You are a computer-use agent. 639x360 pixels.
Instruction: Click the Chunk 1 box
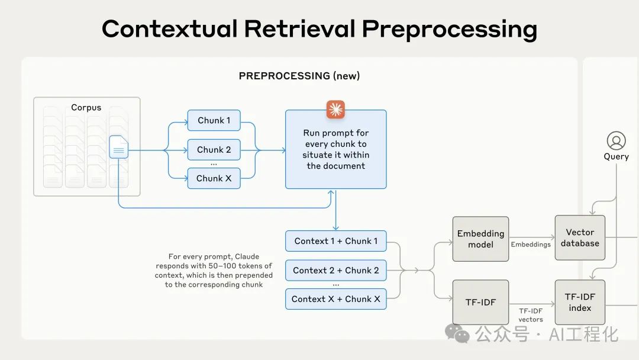click(214, 121)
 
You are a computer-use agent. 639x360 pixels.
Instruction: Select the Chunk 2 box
click(214, 150)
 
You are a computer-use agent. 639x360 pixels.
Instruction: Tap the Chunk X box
click(214, 178)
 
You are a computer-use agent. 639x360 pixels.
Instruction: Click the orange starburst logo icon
click(335, 110)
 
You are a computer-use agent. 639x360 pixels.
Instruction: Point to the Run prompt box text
click(335, 149)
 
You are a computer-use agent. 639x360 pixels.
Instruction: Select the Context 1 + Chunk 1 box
click(335, 241)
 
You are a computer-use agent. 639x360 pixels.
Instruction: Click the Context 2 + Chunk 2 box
click(335, 270)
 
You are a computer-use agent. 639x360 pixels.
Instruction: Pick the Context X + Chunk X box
click(335, 299)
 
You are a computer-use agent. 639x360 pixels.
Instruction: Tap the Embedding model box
click(480, 239)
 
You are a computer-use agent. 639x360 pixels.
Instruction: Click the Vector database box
click(580, 237)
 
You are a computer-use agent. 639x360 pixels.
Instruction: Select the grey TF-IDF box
click(480, 302)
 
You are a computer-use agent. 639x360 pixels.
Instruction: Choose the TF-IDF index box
click(580, 302)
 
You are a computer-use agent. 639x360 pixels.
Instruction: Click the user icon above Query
click(616, 141)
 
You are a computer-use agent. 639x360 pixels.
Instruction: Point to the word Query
click(616, 157)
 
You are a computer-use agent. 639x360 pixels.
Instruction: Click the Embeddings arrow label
click(531, 244)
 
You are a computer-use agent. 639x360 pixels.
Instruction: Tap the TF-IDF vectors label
click(531, 315)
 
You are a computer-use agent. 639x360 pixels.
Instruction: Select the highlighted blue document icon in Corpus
click(118, 147)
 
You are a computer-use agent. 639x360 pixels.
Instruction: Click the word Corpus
click(86, 108)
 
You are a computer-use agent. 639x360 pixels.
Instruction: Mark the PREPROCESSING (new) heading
click(299, 76)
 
